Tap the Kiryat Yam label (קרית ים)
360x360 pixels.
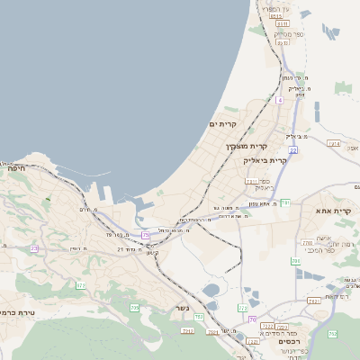tap(222, 123)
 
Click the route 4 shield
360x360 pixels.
tap(280, 101)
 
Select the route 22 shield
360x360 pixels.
tap(293, 150)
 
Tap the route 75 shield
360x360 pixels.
tap(146, 236)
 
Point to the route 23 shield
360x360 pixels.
tap(35, 248)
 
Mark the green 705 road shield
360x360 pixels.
tap(135, 308)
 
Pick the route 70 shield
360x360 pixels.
tap(253, 319)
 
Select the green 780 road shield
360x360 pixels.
tap(295, 261)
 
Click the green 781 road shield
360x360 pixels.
tap(284, 203)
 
